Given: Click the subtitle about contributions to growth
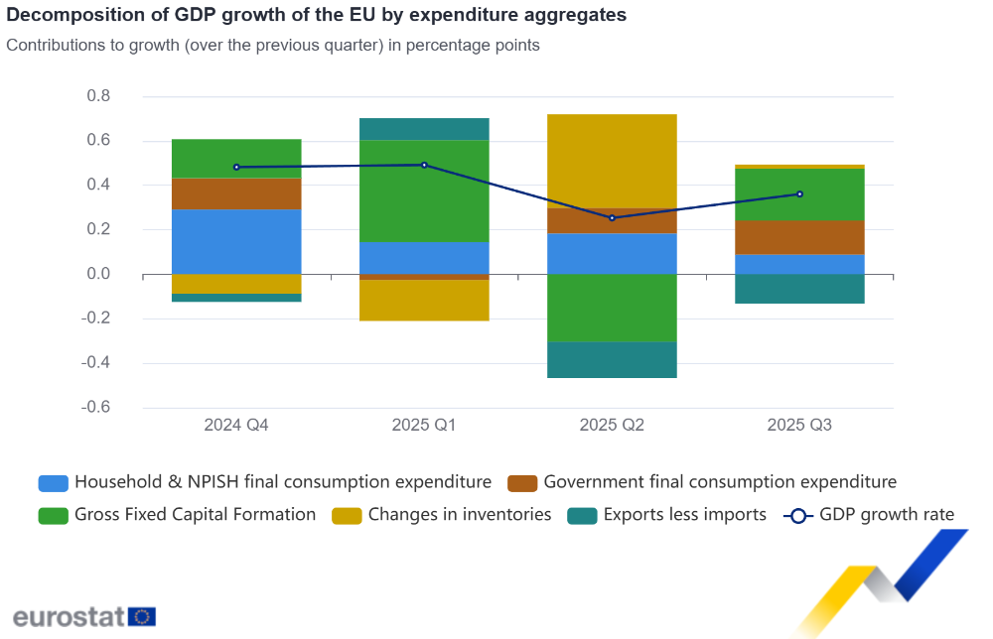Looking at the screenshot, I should tap(273, 46).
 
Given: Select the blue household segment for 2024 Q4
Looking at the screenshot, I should tap(236, 241).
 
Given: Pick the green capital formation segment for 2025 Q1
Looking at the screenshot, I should tap(424, 191).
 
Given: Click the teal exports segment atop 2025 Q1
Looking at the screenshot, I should tap(424, 129).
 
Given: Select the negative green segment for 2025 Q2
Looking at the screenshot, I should tap(612, 308).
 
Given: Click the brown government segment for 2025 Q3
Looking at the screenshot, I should tap(799, 237).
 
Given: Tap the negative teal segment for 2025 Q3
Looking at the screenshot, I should tap(799, 289).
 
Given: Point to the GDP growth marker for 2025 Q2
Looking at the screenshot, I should tap(612, 218).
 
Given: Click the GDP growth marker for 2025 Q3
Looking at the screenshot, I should tap(799, 194).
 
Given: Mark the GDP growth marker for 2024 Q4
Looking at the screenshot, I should tap(236, 167).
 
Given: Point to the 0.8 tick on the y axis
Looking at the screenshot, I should tap(98, 96).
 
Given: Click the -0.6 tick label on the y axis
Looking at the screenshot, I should tap(95, 408).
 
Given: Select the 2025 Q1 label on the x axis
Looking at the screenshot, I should tap(424, 426).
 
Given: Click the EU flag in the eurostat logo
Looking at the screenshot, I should tap(142, 616).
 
